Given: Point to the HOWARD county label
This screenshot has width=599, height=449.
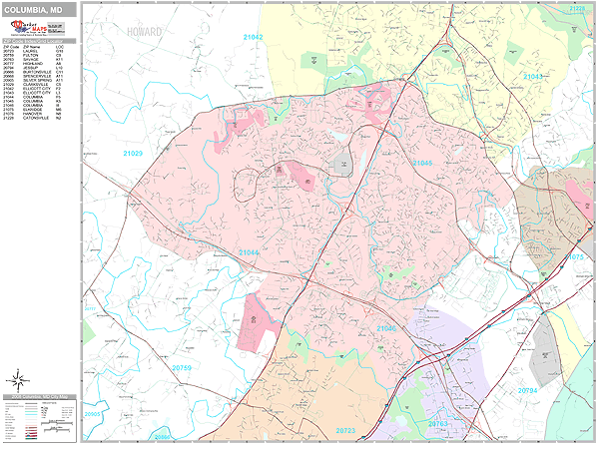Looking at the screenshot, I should tap(145, 32).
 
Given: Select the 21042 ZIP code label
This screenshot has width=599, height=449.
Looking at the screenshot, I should tap(254, 37).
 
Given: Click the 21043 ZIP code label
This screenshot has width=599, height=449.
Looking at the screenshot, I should tap(534, 76).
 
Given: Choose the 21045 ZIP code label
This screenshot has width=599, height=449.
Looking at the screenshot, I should tap(421, 163).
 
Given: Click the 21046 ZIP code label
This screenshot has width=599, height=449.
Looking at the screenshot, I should tap(386, 327).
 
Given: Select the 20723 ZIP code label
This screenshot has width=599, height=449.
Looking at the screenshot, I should tap(345, 430).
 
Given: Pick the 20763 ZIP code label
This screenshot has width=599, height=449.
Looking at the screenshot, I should tap(439, 424).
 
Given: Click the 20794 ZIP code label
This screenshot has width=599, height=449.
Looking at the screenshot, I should tap(528, 390).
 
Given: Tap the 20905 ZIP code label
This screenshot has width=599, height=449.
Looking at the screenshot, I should tap(92, 413).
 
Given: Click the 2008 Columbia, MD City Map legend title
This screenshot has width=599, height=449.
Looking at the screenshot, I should tap(40, 397).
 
